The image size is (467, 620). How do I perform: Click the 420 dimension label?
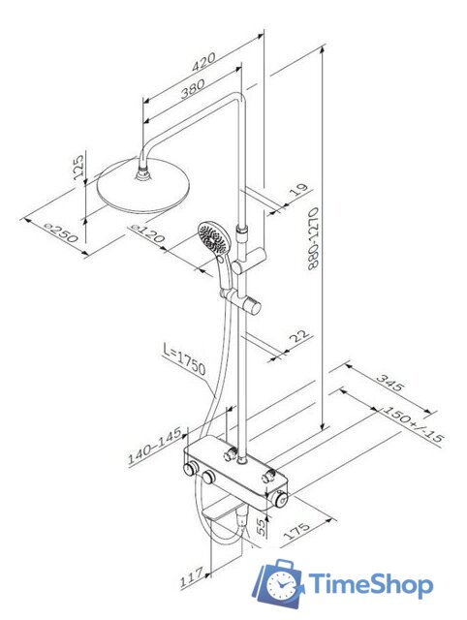coord(204,62)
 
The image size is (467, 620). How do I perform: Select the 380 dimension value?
coord(193,88)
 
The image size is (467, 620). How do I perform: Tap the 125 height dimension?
coord(79,167)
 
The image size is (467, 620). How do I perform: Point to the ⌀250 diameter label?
coord(60,232)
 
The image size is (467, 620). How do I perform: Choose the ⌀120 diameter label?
coord(147,232)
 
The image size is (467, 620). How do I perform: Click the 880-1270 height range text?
coord(313,239)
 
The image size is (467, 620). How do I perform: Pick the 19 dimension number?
coord(299,190)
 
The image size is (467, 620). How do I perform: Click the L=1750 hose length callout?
coord(185,359)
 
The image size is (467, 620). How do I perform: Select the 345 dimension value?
coord(389,382)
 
